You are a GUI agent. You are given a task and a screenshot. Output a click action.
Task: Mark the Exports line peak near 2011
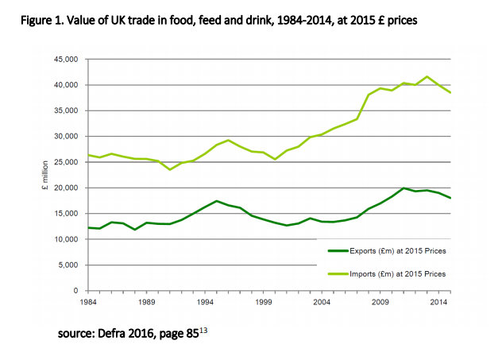pos(404,188)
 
